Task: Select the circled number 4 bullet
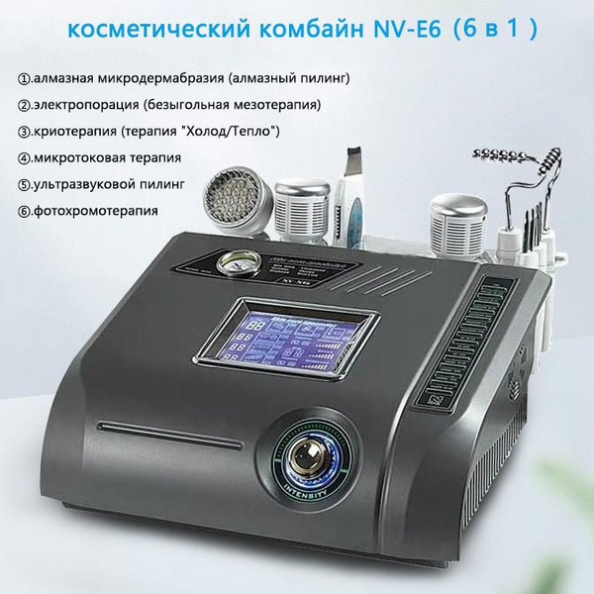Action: click(23, 157)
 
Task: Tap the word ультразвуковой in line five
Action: click(86, 184)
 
